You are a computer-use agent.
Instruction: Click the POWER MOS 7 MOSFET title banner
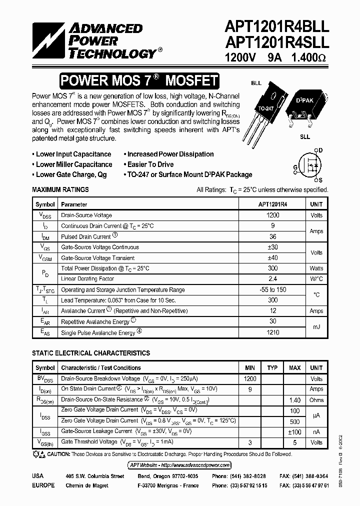139,80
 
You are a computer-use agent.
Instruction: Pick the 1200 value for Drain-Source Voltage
273,215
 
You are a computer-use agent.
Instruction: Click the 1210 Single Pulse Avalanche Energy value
273,332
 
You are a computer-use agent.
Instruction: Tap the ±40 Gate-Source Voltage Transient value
273,258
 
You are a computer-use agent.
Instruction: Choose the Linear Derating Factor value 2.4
273,279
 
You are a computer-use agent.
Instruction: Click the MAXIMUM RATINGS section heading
60,189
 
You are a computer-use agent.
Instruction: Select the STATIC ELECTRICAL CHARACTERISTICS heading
91,353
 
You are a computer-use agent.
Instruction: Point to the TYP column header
272,368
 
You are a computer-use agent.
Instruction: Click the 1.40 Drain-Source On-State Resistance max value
294,400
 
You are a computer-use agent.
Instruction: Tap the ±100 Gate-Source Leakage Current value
294,431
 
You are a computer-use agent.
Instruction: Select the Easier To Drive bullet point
150,164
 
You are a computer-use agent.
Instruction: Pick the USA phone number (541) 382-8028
239,476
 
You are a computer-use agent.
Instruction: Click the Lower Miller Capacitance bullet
73,164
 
